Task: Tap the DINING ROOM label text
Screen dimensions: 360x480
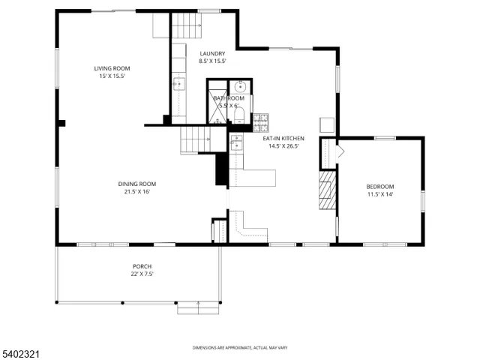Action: pos(136,184)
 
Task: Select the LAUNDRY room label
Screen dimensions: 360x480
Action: pos(211,53)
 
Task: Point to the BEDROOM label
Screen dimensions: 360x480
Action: pos(379,187)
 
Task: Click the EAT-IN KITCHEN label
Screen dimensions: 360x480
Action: pos(283,139)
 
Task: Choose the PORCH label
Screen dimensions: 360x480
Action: pos(142,266)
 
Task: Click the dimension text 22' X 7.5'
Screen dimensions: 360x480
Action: pos(142,274)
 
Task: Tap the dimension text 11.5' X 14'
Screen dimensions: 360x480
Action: pos(379,195)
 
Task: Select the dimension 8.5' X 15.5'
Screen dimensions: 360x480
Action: pos(211,61)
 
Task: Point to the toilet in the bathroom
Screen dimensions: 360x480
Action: pos(238,115)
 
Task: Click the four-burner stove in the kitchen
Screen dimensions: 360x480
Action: pos(261,120)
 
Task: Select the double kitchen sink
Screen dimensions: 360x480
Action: pos(236,142)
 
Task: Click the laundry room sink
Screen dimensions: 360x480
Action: pos(179,85)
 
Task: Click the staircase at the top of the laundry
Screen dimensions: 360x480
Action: pos(189,28)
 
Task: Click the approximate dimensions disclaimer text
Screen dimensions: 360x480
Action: pos(239,347)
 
